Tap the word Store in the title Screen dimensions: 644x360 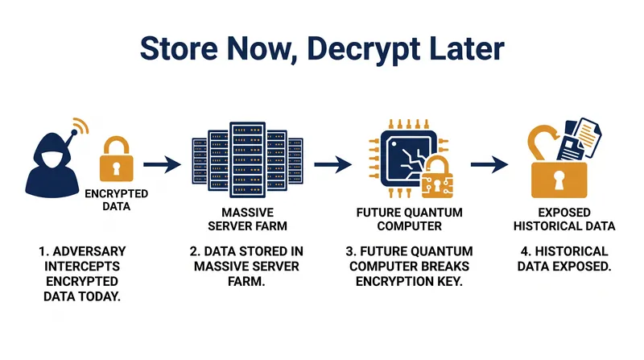tap(179, 48)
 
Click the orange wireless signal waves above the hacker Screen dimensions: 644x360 tap(81, 126)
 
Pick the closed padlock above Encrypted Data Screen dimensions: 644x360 tap(116, 159)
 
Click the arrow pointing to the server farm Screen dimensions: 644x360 tap(162, 164)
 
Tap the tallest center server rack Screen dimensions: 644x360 tap(247, 159)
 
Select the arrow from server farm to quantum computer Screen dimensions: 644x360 tap(332, 164)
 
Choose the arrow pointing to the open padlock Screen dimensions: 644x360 tap(489, 164)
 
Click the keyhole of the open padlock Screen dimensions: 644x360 tap(559, 180)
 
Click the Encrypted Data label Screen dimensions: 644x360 tap(116, 200)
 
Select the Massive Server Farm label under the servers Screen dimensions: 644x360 tap(247, 219)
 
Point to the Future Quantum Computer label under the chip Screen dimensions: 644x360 tap(410, 219)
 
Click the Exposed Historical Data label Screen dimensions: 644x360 tap(564, 219)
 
